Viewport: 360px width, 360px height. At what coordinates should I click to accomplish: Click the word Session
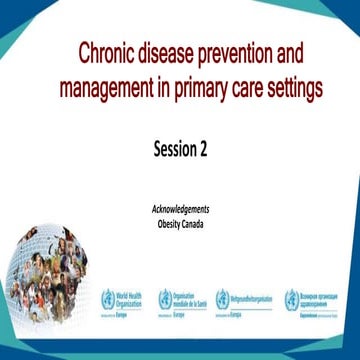(x=173, y=150)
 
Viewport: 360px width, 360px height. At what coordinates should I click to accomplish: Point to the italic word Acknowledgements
(x=180, y=210)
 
